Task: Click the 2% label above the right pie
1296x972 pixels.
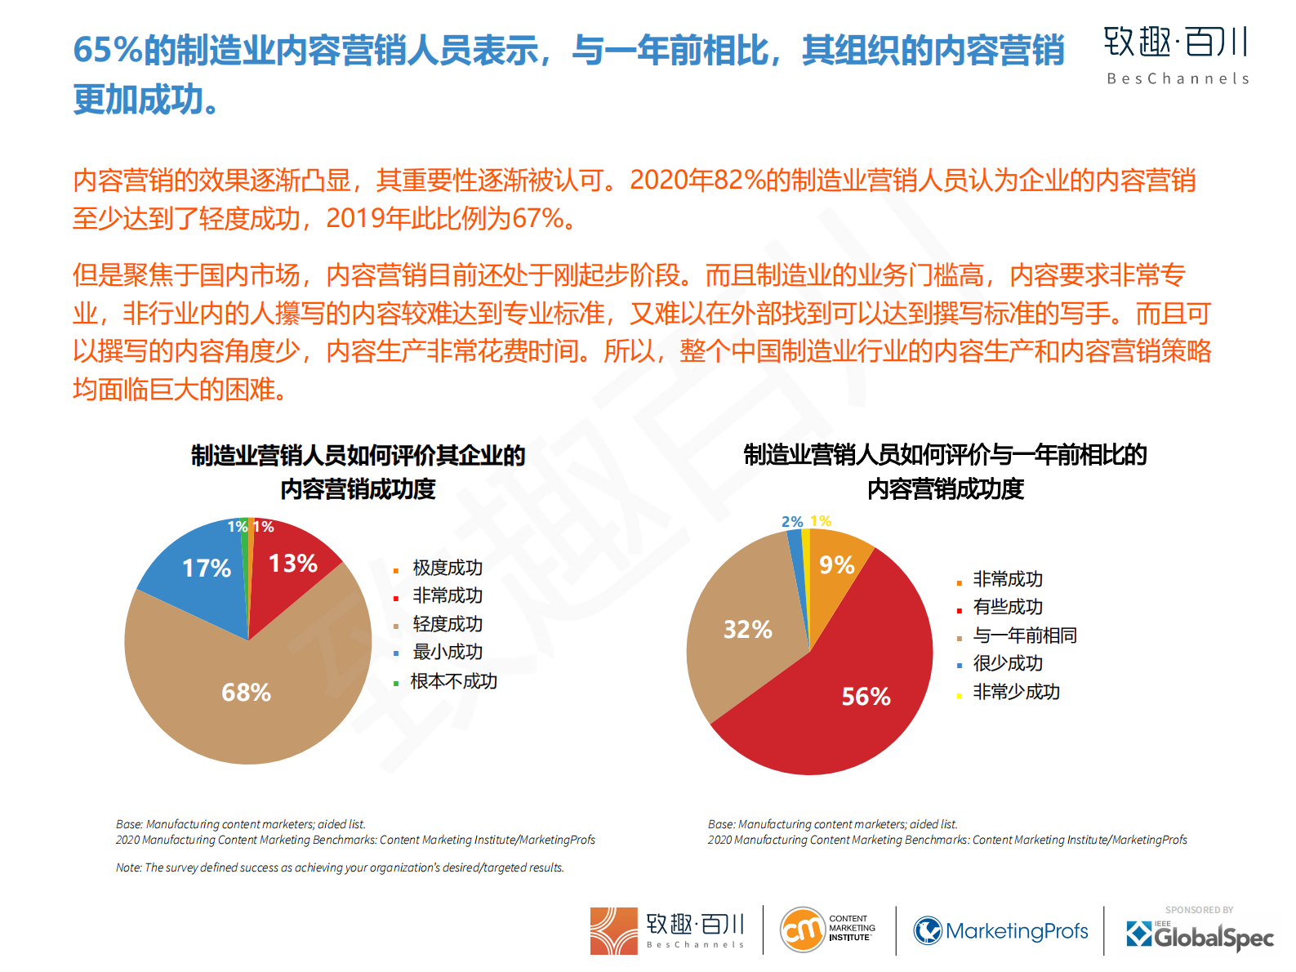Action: [791, 521]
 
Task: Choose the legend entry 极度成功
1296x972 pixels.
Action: [447, 568]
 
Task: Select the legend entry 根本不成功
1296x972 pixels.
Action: [453, 681]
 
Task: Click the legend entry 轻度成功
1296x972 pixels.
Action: [447, 624]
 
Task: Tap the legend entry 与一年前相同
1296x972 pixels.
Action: [1024, 635]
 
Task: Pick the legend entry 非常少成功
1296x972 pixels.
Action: [1016, 692]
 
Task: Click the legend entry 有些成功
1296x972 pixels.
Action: [1008, 607]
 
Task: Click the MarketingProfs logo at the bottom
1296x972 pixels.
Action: [1000, 931]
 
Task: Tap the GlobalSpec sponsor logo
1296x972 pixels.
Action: [1200, 934]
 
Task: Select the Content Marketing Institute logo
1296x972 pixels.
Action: [827, 930]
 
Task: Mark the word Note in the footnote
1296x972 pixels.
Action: [128, 867]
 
